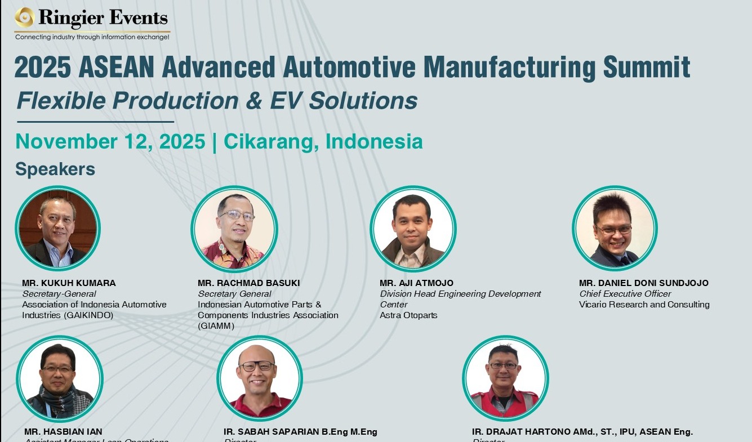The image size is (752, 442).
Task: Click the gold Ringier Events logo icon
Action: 25,17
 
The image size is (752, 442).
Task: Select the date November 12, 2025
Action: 110,141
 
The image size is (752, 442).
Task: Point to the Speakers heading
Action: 55,169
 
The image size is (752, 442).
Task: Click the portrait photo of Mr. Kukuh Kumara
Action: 57,229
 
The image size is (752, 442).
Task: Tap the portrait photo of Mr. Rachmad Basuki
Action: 234,230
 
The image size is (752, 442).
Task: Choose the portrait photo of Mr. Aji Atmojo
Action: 413,229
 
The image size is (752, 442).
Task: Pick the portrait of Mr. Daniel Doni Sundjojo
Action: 615,229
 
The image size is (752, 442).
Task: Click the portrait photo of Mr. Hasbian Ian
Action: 59,379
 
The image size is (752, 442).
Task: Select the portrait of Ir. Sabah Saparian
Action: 259,379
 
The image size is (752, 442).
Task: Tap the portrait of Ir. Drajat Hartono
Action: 505,379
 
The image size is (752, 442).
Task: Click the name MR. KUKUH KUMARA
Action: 69,283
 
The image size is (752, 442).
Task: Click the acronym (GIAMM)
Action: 216,326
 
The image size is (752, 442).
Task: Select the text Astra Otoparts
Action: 408,315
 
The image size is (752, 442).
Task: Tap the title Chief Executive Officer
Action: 625,294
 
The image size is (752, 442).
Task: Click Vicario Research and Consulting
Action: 644,305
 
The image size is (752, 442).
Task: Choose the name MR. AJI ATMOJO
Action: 416,283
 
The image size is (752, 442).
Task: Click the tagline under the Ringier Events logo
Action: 92,37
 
